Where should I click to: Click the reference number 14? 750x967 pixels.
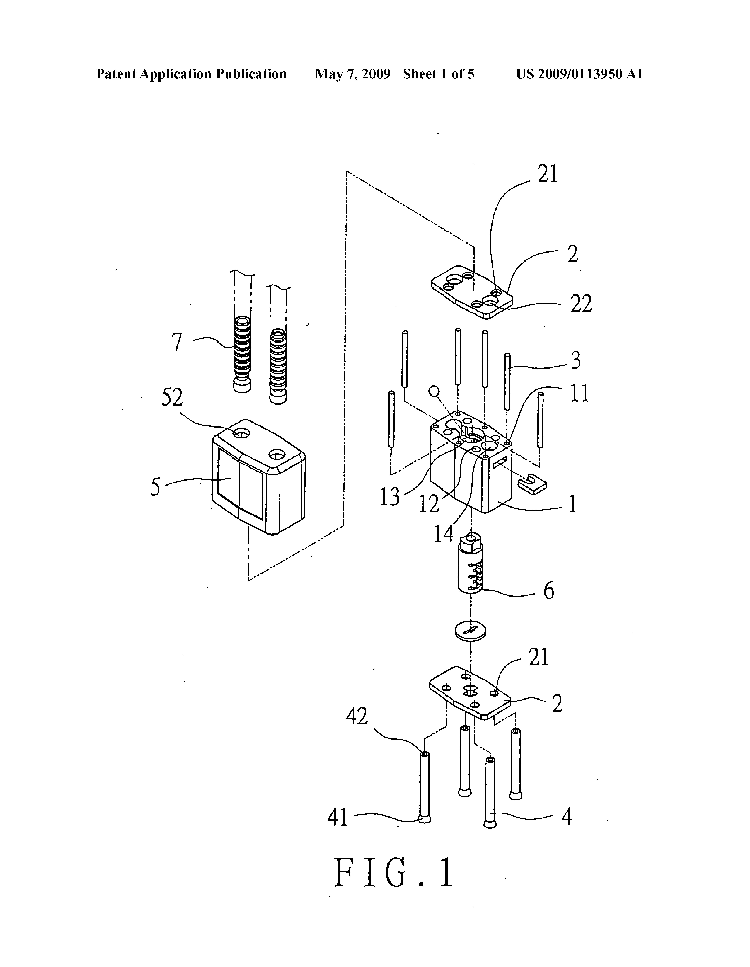click(x=443, y=534)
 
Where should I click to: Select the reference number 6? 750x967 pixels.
click(x=549, y=590)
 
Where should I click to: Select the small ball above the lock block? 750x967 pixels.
click(x=434, y=391)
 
